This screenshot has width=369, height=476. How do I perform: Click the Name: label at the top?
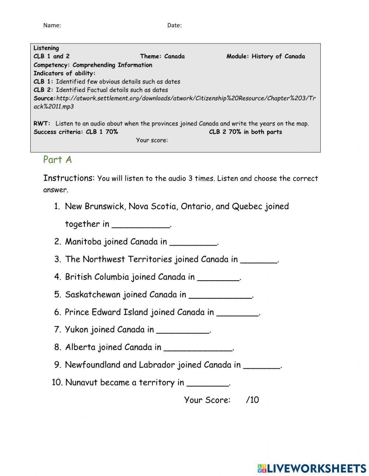(x=52, y=25)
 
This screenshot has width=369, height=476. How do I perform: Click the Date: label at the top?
(x=174, y=25)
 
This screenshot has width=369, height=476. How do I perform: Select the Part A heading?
(x=57, y=160)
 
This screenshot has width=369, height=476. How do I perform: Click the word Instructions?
(x=69, y=178)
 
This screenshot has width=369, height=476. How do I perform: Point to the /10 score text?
(x=252, y=400)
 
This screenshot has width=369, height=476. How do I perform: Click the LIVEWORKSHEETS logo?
(x=312, y=468)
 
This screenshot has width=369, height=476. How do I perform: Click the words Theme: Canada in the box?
(x=162, y=56)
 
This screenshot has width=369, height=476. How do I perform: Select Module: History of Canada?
(x=266, y=56)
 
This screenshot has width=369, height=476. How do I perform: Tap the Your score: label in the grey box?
(x=152, y=140)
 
